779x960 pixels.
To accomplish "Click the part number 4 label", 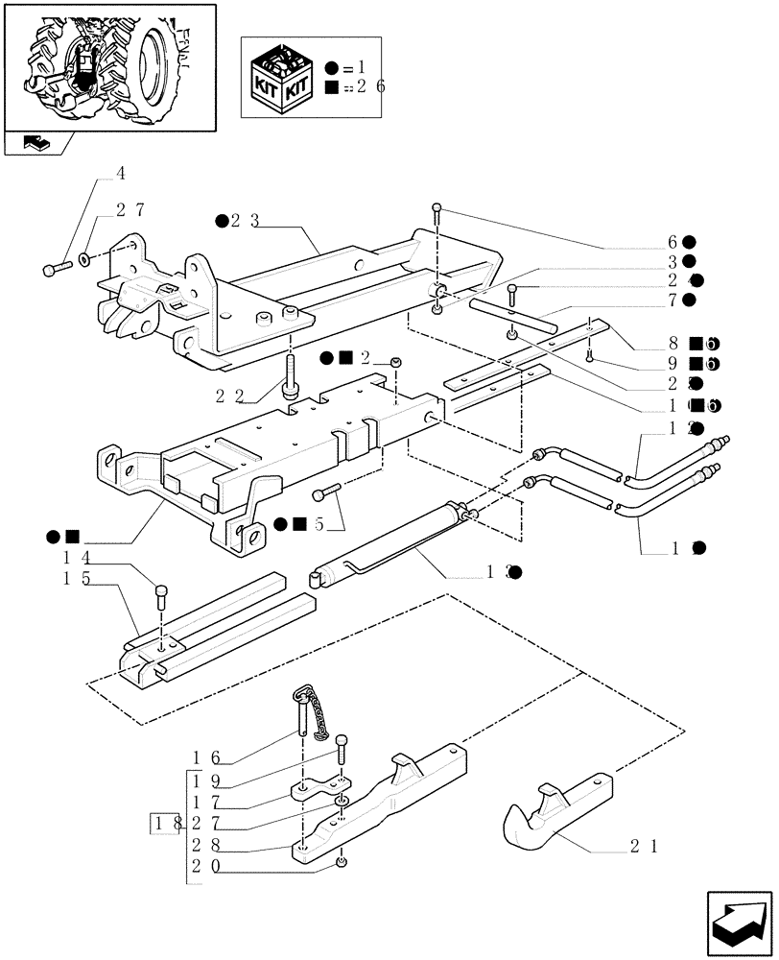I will [x=121, y=174].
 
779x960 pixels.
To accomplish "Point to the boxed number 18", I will [x=164, y=823].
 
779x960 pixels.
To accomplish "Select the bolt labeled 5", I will [x=326, y=492].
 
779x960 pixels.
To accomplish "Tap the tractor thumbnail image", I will [x=108, y=65].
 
